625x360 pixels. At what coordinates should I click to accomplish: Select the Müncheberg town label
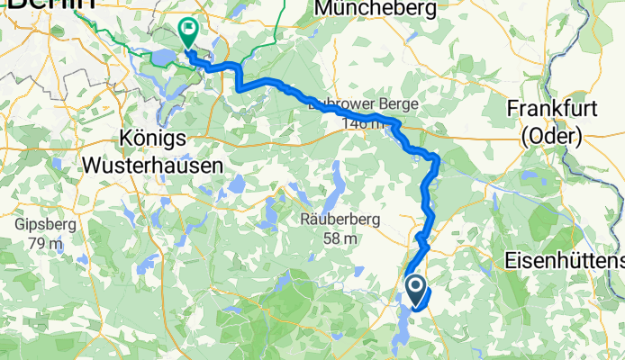click(377, 10)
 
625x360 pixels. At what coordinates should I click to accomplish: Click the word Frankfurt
click(551, 108)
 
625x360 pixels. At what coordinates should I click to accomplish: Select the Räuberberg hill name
click(340, 220)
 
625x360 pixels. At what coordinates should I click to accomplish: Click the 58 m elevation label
click(340, 239)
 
